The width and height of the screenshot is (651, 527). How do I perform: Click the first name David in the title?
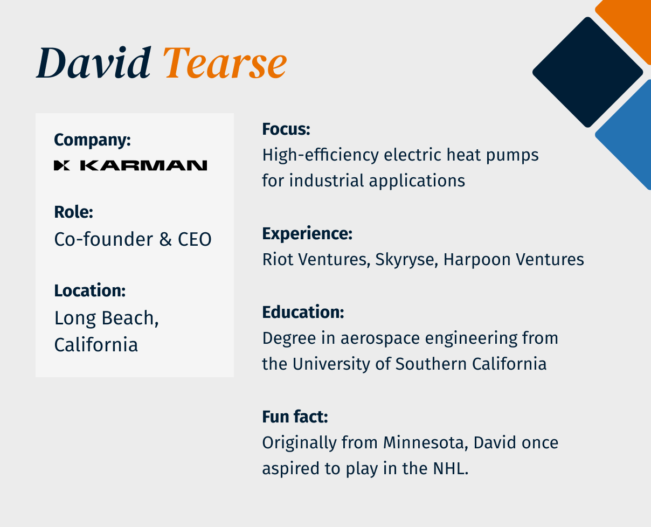(93, 64)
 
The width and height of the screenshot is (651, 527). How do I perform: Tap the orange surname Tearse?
(226, 64)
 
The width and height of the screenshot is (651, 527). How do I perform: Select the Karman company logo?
(130, 165)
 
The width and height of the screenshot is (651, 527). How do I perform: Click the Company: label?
(92, 140)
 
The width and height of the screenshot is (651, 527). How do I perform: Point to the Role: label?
(74, 212)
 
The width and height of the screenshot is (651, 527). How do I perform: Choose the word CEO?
(195, 239)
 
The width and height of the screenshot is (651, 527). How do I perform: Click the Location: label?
(89, 290)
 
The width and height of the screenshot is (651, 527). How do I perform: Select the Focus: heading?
(286, 129)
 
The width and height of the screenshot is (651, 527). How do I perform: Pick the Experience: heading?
(307, 234)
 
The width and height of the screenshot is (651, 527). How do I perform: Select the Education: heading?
(303, 312)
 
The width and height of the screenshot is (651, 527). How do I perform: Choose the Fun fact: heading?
(295, 417)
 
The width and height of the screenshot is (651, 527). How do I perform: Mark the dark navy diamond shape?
(587, 72)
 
